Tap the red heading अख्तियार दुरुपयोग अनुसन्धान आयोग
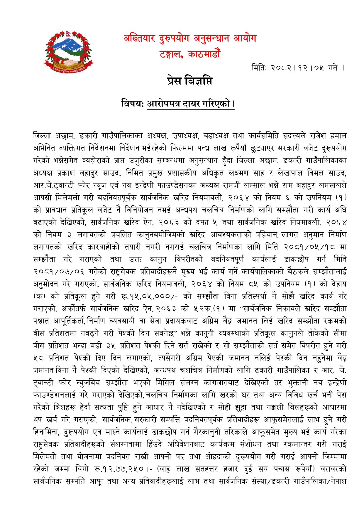click(190, 38)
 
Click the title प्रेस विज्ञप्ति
click(189, 81)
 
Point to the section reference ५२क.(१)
click(209, 309)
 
